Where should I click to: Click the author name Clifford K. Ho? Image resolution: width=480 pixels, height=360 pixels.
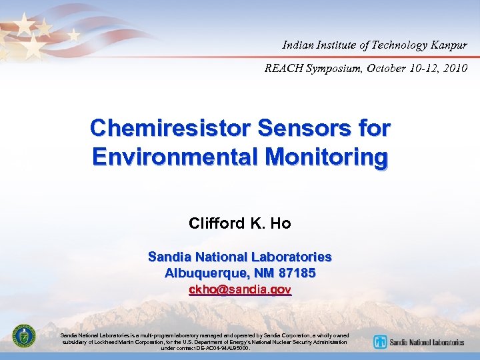[240, 223]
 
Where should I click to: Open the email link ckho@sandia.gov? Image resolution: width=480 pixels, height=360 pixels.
[240, 290]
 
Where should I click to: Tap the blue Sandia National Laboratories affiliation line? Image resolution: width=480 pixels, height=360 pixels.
[240, 257]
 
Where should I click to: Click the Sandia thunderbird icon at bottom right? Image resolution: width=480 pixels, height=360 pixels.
[380, 342]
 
